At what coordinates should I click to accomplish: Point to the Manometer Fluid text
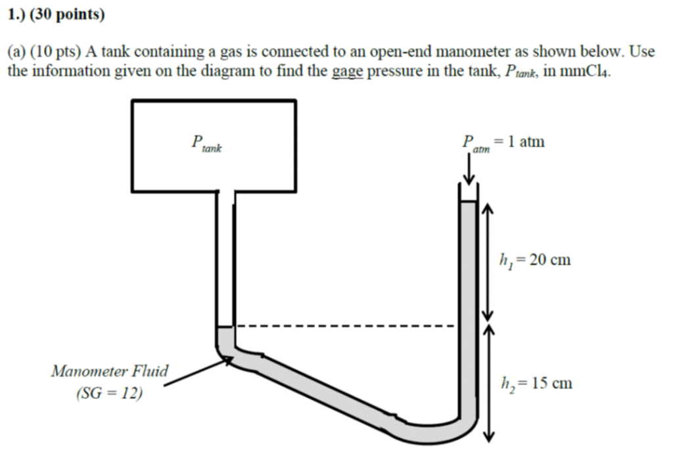point(110,371)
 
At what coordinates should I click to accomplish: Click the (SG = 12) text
point(109,394)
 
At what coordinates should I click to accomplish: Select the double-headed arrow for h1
point(487,260)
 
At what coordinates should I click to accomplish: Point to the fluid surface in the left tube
point(224,327)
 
